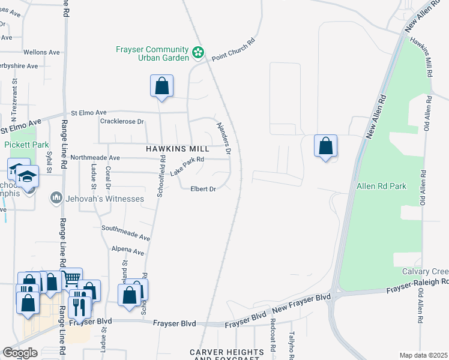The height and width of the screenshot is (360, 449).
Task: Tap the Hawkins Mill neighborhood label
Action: [x=178, y=148]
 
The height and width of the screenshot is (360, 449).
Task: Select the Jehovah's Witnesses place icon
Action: [x=56, y=197]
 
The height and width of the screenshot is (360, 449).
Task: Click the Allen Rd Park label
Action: [x=381, y=186]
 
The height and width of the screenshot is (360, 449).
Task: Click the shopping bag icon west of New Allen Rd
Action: [x=325, y=146]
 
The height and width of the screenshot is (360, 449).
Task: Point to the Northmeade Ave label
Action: [x=95, y=157]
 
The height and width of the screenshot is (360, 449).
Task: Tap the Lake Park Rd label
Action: [x=188, y=166]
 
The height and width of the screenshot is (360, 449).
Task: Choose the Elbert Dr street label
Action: [x=203, y=188]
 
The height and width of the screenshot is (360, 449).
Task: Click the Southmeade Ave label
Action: [x=126, y=233]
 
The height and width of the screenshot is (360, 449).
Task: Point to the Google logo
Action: [x=20, y=353]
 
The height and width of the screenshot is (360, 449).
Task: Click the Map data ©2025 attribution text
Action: [x=423, y=355]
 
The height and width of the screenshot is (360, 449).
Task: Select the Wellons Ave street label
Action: [x=42, y=52]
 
